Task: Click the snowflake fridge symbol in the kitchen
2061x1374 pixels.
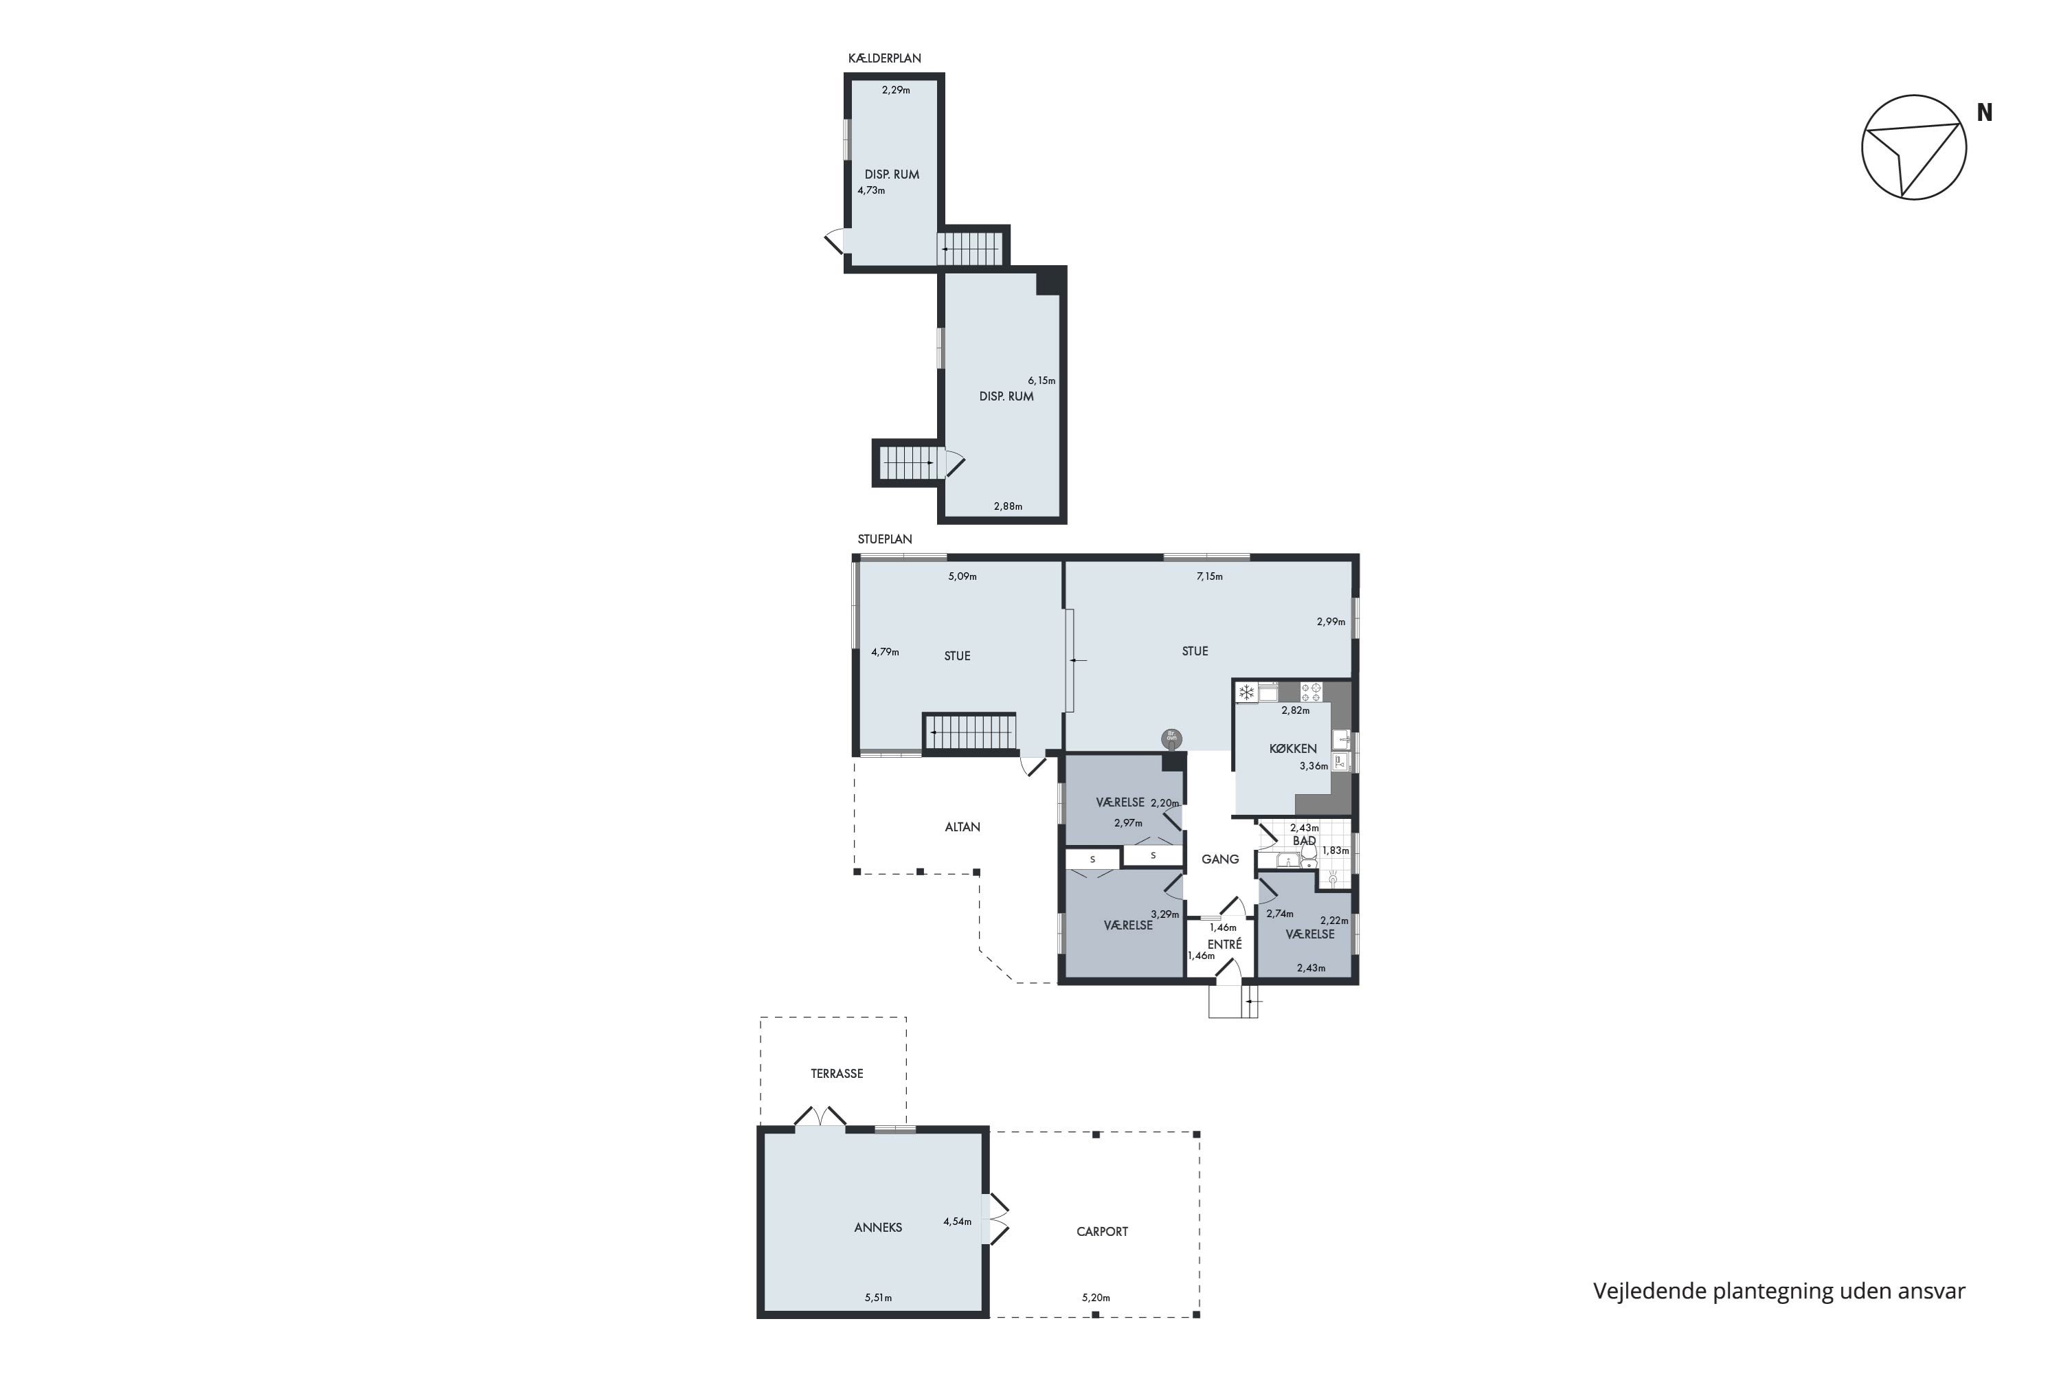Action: [x=1246, y=692]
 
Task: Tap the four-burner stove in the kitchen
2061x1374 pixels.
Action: [x=1311, y=692]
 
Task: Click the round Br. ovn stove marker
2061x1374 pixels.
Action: [x=1171, y=738]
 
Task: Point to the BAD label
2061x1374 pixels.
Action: [x=1304, y=840]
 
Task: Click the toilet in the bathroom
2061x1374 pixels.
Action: [x=1308, y=851]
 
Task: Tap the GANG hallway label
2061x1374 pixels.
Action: [x=1220, y=859]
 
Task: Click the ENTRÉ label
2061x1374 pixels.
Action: [x=1224, y=944]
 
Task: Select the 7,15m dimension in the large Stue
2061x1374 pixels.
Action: [x=1209, y=576]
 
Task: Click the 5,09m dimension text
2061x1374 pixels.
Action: [x=962, y=576]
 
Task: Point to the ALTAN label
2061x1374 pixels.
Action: [x=962, y=826]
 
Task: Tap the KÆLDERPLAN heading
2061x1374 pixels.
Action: [x=884, y=58]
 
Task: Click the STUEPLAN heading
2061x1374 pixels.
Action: [x=884, y=539]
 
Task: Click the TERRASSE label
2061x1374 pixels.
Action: [x=837, y=1073]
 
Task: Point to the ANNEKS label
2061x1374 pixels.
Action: [x=878, y=1228]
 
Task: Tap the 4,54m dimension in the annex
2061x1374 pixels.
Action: [x=957, y=1221]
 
